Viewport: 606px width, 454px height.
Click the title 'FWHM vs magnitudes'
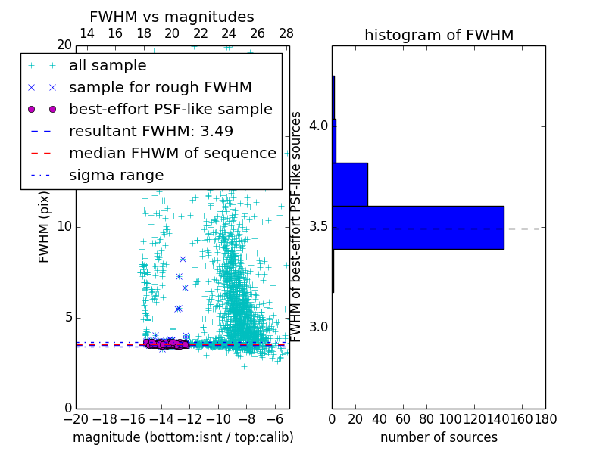point(172,17)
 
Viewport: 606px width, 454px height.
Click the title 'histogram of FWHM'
point(439,35)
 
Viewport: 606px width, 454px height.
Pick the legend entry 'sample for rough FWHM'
point(160,88)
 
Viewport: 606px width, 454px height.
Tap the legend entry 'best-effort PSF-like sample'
point(170,110)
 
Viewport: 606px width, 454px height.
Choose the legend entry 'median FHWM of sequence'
point(172,154)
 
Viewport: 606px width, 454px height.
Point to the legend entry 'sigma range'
point(116,176)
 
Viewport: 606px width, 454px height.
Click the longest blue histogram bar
point(417,227)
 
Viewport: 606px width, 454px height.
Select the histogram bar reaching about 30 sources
point(350,184)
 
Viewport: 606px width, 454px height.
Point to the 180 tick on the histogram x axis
point(545,418)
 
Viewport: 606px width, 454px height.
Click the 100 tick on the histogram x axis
point(451,418)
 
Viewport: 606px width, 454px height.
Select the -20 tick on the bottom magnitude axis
point(76,418)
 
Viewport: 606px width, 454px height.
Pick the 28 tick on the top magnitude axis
point(286,33)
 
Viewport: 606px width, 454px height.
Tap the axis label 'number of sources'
point(439,437)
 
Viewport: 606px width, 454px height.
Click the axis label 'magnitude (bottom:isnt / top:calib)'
point(183,437)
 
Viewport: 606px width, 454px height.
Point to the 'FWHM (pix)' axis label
point(45,227)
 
